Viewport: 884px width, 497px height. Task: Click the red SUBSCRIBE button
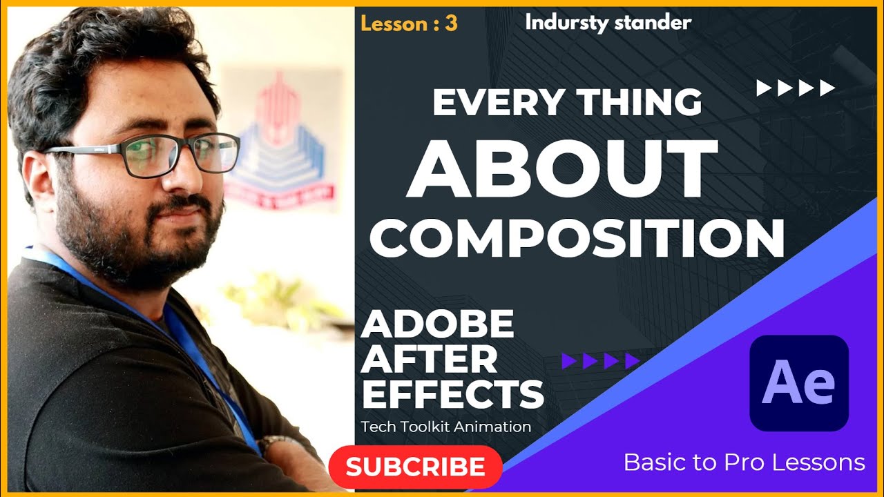(x=415, y=467)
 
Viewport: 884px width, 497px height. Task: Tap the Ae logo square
(x=799, y=383)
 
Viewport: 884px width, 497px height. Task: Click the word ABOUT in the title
(x=561, y=170)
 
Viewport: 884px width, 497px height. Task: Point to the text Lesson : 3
(x=409, y=23)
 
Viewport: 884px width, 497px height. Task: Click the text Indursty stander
(x=608, y=22)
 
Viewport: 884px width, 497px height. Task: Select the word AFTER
(x=430, y=360)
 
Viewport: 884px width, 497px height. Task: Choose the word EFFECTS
(x=453, y=395)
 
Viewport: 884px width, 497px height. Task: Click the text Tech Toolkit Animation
(x=446, y=427)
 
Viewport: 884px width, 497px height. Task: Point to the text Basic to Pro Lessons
(x=744, y=462)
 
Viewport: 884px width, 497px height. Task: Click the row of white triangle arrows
(x=796, y=88)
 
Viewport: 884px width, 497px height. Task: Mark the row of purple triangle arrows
(x=600, y=360)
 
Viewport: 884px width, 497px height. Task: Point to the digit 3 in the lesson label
(x=451, y=23)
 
